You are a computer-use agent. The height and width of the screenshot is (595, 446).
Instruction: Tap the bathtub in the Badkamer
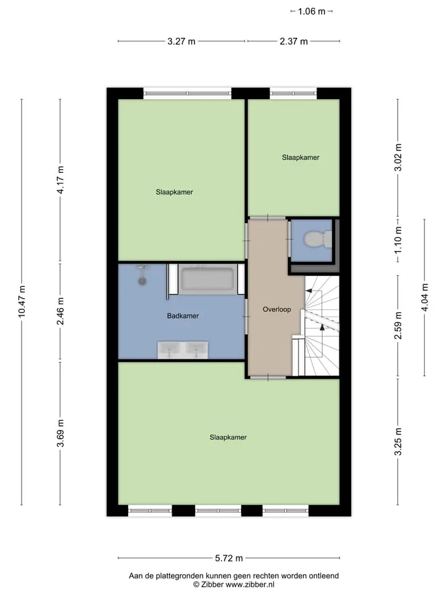coord(207,280)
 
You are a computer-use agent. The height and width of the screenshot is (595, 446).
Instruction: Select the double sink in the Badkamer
coord(183,350)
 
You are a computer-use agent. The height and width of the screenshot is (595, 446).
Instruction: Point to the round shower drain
coord(142,281)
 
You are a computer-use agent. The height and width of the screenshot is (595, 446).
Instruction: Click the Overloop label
coord(277,309)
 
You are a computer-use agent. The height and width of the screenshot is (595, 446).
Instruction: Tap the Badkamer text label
coord(183,315)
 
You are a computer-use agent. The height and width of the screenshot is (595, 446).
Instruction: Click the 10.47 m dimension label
coord(22,302)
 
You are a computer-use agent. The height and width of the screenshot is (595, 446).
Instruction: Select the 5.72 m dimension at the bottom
coord(229,558)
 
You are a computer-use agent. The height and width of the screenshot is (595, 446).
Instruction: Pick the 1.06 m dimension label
coord(312,11)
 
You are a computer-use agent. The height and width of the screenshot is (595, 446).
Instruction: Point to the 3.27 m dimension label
coord(181,41)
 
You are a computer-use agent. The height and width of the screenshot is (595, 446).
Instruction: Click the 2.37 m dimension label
coord(294,41)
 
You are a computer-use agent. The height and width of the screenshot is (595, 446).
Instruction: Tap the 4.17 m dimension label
coord(60,180)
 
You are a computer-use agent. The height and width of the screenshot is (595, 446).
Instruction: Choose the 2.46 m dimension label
coord(60,311)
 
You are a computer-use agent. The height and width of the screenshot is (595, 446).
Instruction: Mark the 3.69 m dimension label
coord(60,433)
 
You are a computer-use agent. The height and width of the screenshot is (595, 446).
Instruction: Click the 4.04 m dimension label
coord(425,297)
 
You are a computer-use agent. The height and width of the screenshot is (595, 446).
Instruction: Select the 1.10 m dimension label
coord(398,240)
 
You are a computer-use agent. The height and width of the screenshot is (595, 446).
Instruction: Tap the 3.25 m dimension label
coord(398,442)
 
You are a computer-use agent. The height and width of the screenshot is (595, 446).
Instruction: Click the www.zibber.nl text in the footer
coord(250,584)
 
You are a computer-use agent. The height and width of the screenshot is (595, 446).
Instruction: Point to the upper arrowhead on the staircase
coord(308,291)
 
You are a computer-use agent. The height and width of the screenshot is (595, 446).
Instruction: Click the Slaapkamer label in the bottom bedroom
coord(228,437)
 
